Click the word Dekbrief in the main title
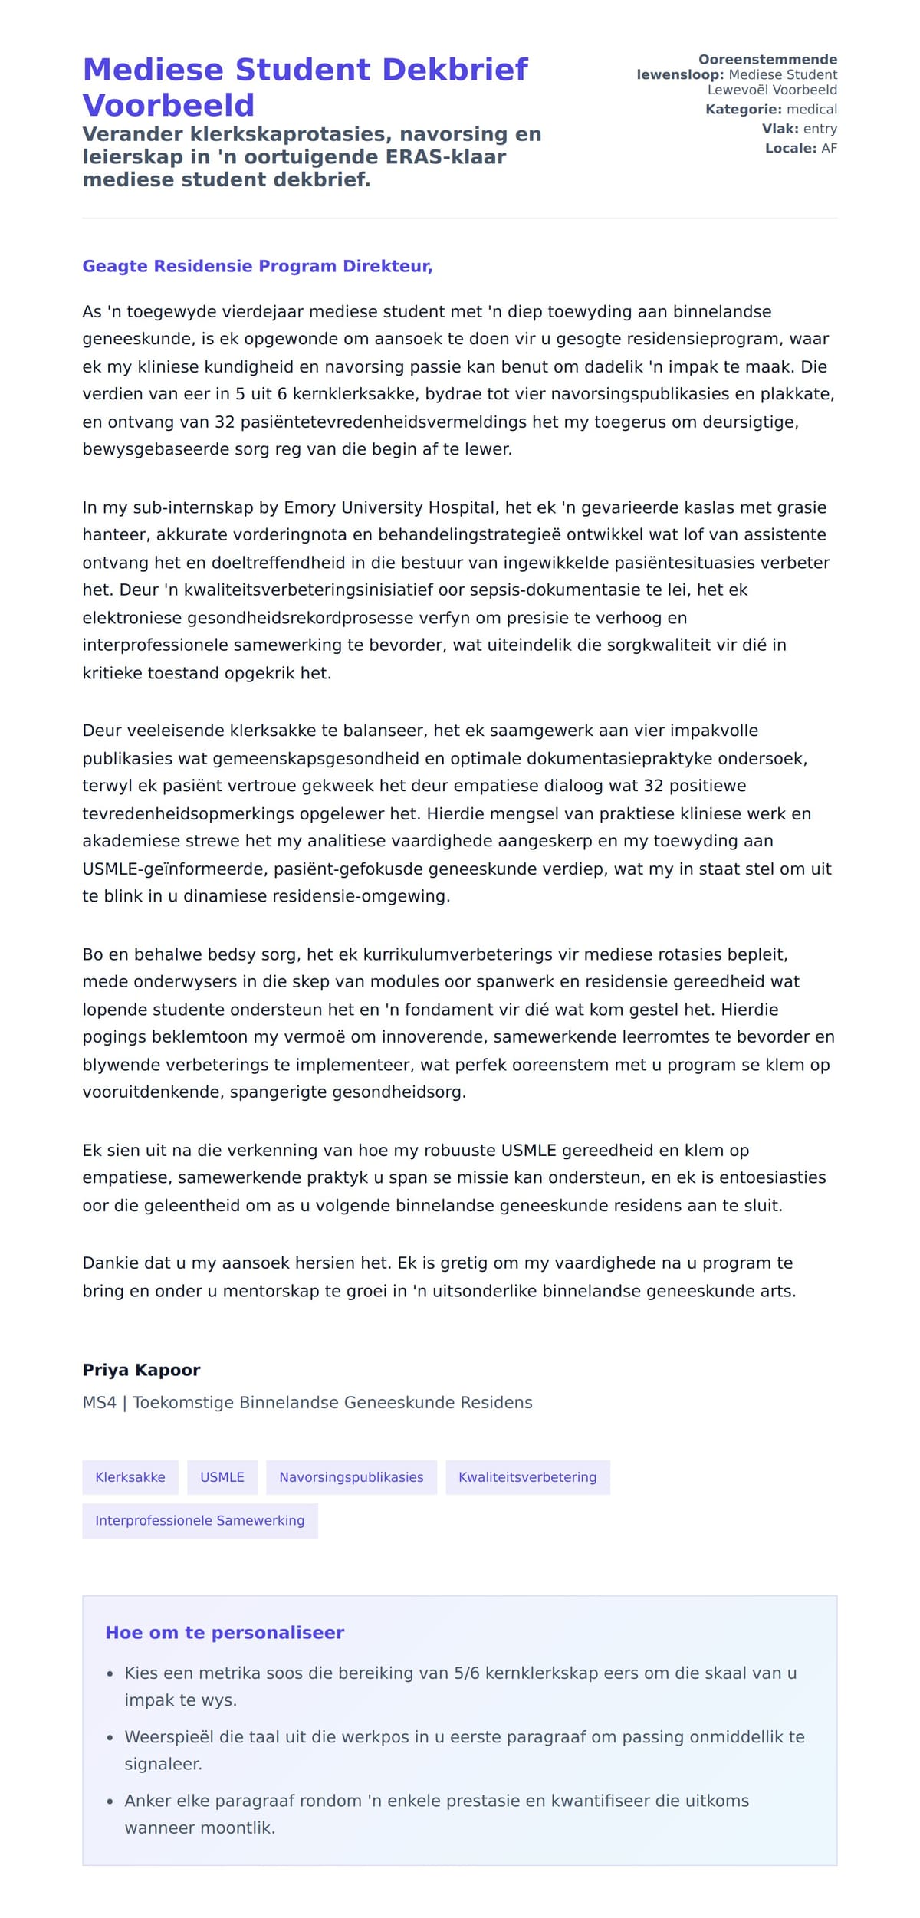(x=455, y=70)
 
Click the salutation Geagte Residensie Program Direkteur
(x=258, y=266)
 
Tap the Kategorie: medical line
(x=770, y=110)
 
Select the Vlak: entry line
(x=799, y=129)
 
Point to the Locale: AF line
(x=800, y=148)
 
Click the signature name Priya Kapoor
(x=141, y=1370)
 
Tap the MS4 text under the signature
(x=100, y=1403)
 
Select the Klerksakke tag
(x=130, y=1477)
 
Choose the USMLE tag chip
(x=222, y=1477)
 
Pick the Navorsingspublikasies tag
(x=351, y=1477)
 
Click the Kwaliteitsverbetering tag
(x=527, y=1477)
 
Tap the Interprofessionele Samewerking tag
(x=200, y=1520)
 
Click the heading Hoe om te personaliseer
(x=225, y=1633)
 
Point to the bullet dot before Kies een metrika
(x=110, y=1674)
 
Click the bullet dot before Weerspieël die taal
(x=110, y=1738)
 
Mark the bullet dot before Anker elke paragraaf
(x=110, y=1801)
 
